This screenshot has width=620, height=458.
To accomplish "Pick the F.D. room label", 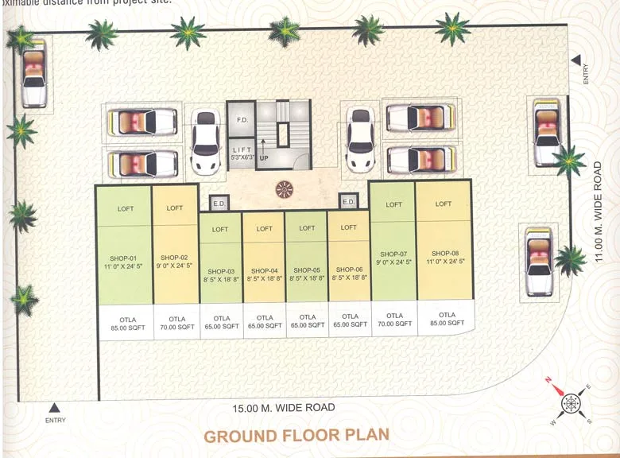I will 242,120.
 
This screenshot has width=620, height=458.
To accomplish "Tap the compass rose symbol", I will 572,402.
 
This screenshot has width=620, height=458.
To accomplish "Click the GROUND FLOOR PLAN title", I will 296,435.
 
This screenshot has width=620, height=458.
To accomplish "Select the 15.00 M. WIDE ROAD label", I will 284,408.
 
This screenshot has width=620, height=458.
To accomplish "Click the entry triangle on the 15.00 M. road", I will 55,408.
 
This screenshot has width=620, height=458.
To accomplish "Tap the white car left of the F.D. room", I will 206,142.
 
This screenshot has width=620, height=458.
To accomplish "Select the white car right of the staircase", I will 361,142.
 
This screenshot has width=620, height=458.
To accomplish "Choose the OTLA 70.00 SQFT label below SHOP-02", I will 175,323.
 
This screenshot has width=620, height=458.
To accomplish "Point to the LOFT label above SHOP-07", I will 393,204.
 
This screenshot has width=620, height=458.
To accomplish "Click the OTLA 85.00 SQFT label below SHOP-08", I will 447,320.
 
